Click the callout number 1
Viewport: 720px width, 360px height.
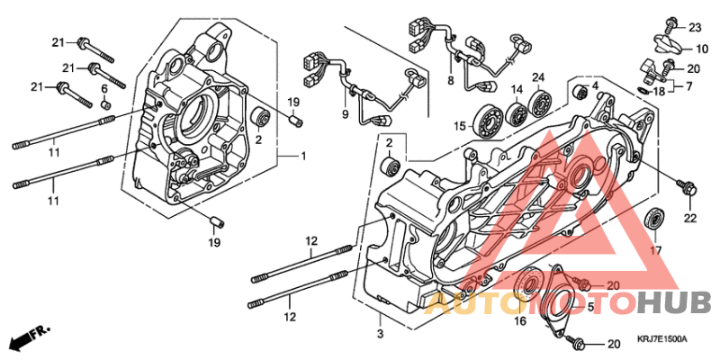point(302,157)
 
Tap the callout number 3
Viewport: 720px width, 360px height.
point(380,334)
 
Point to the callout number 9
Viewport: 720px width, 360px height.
point(344,114)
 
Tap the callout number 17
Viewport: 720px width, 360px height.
point(656,249)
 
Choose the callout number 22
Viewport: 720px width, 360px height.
point(690,218)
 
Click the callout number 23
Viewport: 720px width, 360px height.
point(694,27)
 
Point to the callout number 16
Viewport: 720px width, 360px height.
point(519,320)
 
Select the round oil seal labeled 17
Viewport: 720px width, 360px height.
point(655,219)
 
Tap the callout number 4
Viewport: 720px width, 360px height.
point(594,86)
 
